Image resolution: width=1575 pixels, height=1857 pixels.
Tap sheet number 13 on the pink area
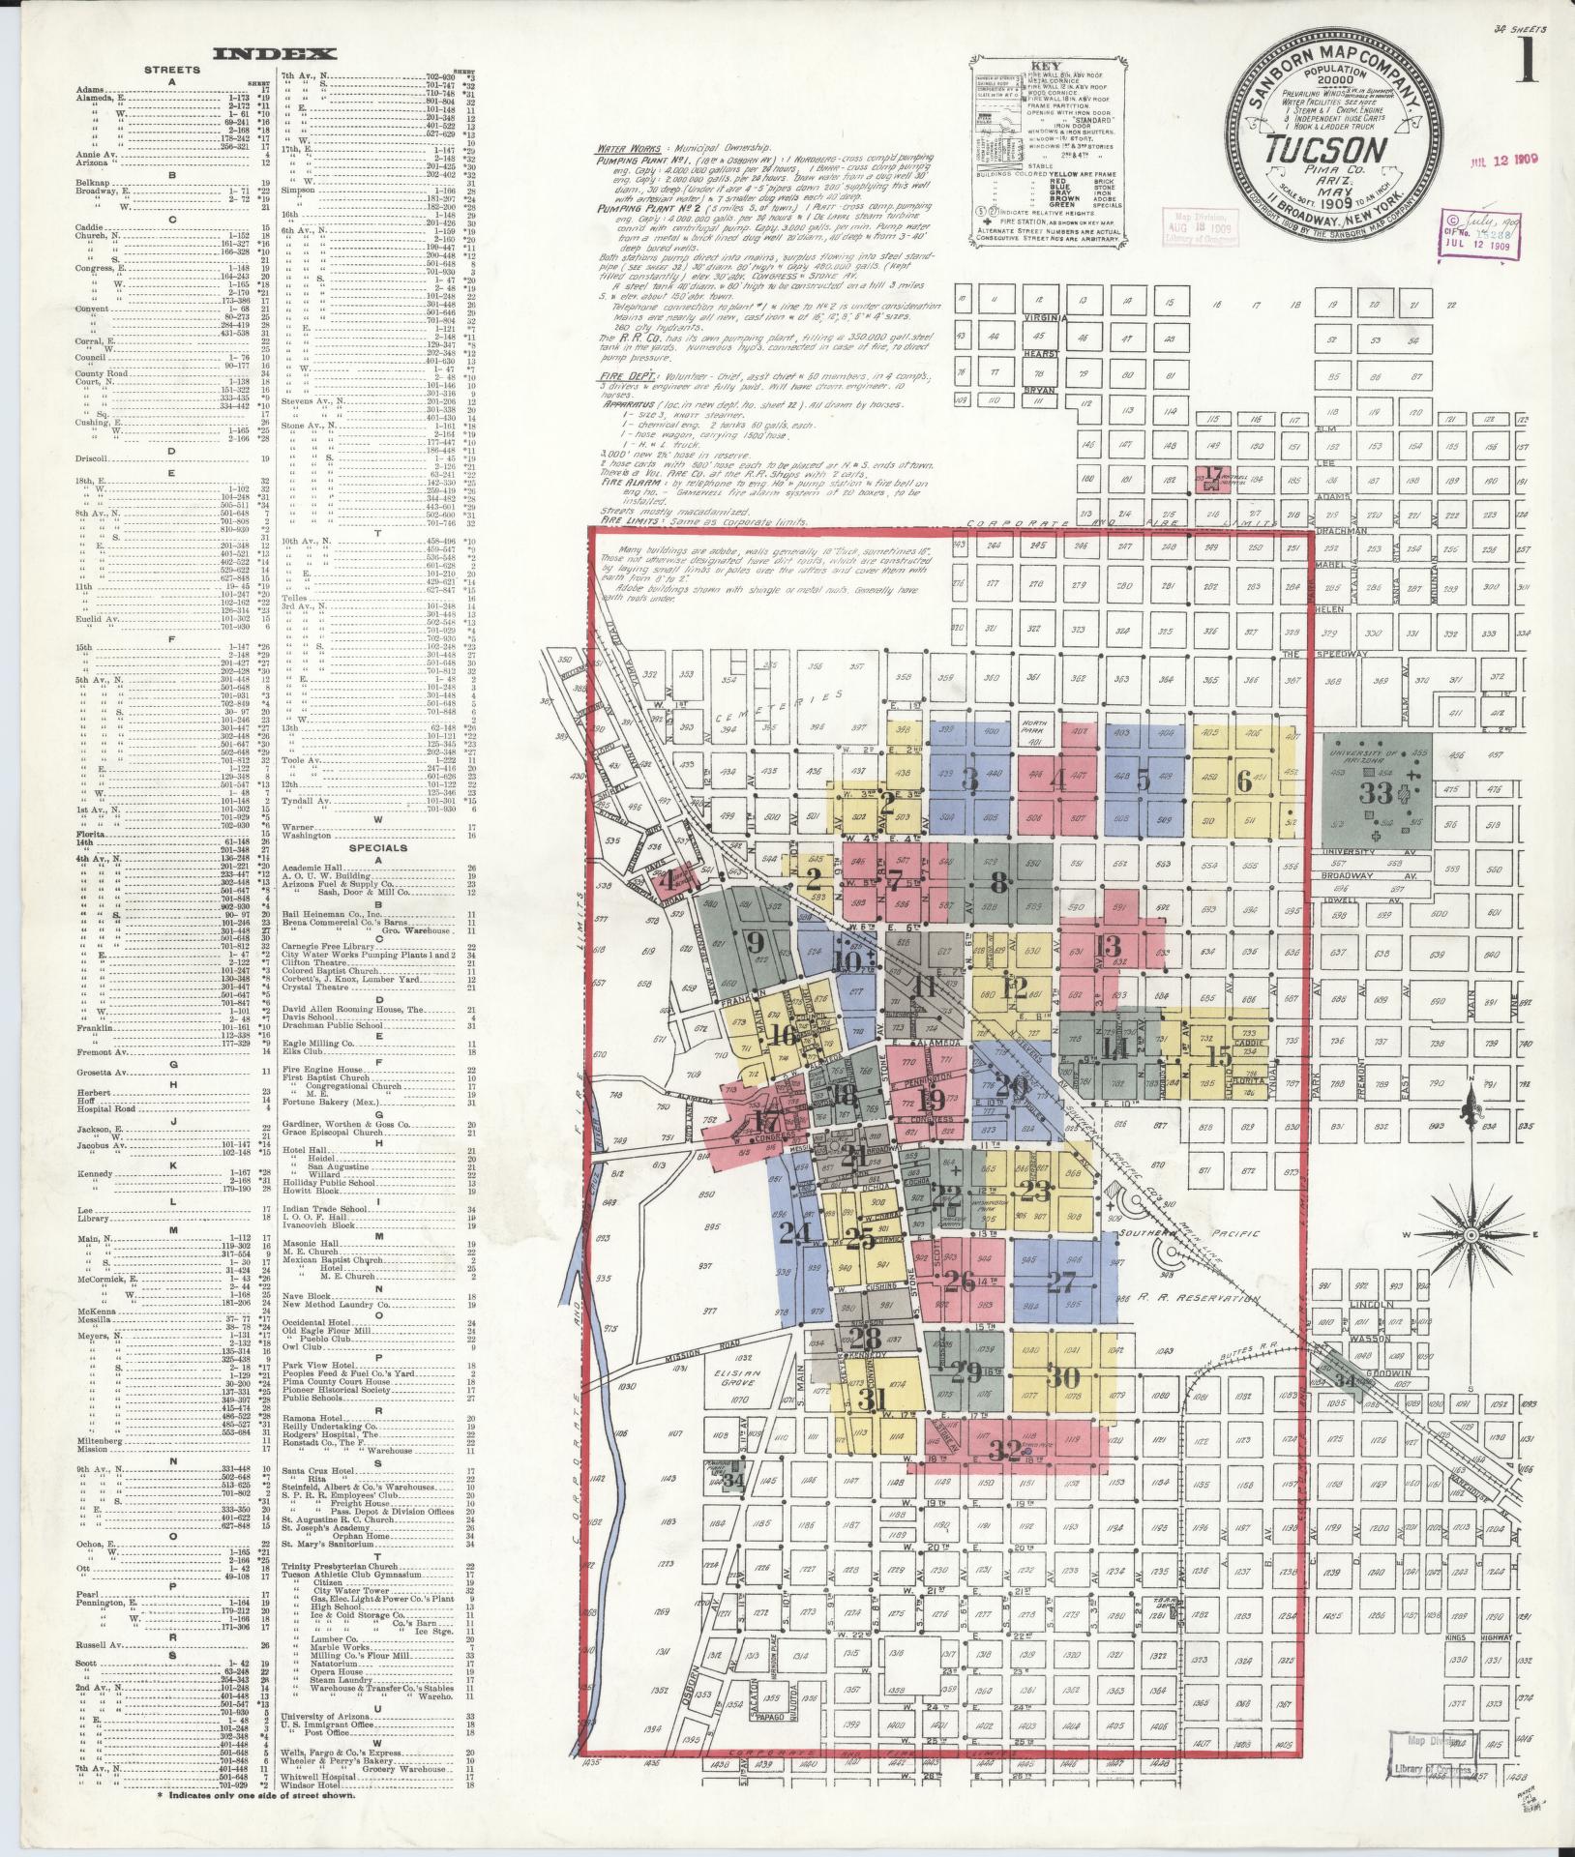point(1108,945)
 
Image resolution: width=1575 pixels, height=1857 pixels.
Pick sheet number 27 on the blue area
point(1060,1282)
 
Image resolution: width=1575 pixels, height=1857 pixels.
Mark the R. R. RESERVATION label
point(1200,1298)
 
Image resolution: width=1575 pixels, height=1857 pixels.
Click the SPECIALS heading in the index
point(371,847)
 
